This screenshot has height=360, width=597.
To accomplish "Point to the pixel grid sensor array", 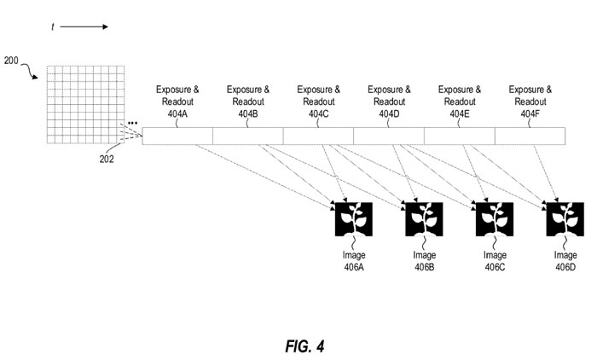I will tap(82, 106).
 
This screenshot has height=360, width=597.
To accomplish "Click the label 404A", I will tap(177, 113).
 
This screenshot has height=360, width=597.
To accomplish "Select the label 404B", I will tap(247, 113).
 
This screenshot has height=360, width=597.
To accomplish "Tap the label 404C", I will tap(318, 113).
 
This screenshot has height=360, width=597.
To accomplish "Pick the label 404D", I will tap(389, 113).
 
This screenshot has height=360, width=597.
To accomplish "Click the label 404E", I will tap(459, 113).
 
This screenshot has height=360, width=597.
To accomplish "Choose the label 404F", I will tap(530, 113).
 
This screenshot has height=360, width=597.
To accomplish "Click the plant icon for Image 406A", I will tap(353, 219).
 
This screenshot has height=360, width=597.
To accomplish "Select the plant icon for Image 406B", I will tap(424, 219).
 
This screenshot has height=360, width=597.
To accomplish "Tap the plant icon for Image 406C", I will tap(495, 219).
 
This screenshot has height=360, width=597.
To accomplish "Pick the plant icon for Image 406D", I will tap(565, 219).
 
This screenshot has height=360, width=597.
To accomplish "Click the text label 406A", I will tap(353, 266).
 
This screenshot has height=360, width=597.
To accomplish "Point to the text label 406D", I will tap(565, 266).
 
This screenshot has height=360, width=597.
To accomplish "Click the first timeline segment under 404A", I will tap(177, 136).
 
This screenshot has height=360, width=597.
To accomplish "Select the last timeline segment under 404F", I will tap(530, 136).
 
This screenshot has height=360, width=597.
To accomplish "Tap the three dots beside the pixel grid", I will tap(132, 125).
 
